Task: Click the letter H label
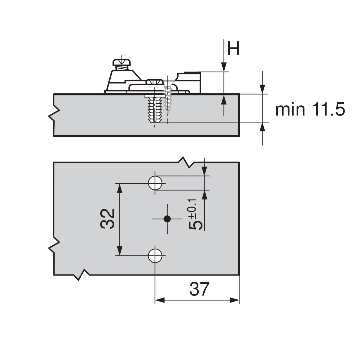(233, 49)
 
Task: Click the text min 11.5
(310, 110)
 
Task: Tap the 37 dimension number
(199, 289)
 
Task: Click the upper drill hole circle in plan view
(155, 182)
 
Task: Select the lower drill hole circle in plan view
(155, 255)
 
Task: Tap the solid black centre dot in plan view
(167, 219)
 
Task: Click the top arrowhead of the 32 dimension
(119, 189)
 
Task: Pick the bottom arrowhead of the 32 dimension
(119, 250)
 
